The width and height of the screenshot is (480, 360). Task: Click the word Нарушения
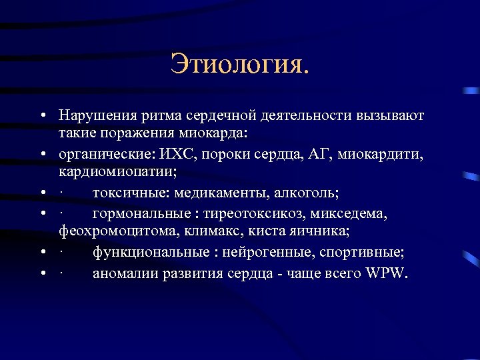click(92, 117)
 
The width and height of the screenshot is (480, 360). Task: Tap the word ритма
click(152, 117)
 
